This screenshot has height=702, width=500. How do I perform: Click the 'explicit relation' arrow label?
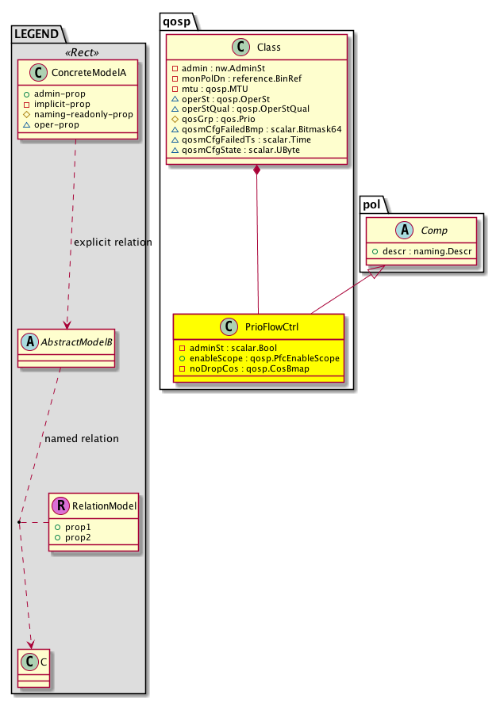[x=111, y=242]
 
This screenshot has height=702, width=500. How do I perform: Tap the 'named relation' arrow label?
[x=82, y=438]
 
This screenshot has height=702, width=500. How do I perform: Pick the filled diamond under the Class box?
[x=258, y=170]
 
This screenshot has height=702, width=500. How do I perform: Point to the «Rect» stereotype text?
[x=82, y=52]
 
